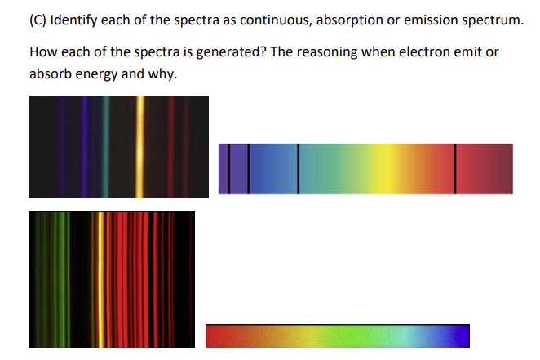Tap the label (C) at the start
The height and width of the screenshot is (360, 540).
[39, 20]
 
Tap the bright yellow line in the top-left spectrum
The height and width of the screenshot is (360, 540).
[140, 147]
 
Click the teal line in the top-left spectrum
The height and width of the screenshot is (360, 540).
[107, 147]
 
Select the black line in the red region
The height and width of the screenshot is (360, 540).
[454, 169]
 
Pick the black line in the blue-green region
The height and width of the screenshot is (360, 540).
[298, 169]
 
